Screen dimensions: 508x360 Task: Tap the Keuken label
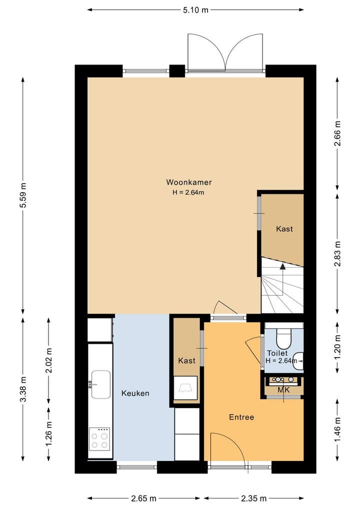[135, 394]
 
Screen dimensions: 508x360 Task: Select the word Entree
[241, 417]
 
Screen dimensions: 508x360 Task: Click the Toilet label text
[277, 353]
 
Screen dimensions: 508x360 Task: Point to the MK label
[283, 389]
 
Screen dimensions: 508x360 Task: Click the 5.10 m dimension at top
[195, 9]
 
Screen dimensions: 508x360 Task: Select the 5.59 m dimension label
[23, 196]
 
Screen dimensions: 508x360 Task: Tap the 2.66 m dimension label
[337, 134]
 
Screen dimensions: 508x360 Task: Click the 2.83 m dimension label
[337, 254]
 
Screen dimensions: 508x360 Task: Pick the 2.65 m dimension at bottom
[144, 498]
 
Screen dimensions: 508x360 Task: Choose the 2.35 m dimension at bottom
[253, 498]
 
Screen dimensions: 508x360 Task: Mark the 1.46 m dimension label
[337, 430]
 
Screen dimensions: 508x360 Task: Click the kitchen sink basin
[101, 385]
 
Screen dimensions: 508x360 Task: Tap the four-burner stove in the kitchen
[99, 440]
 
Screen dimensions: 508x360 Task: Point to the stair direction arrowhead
[282, 266]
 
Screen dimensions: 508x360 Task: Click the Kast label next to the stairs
[284, 229]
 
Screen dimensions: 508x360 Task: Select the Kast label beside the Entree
[186, 361]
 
